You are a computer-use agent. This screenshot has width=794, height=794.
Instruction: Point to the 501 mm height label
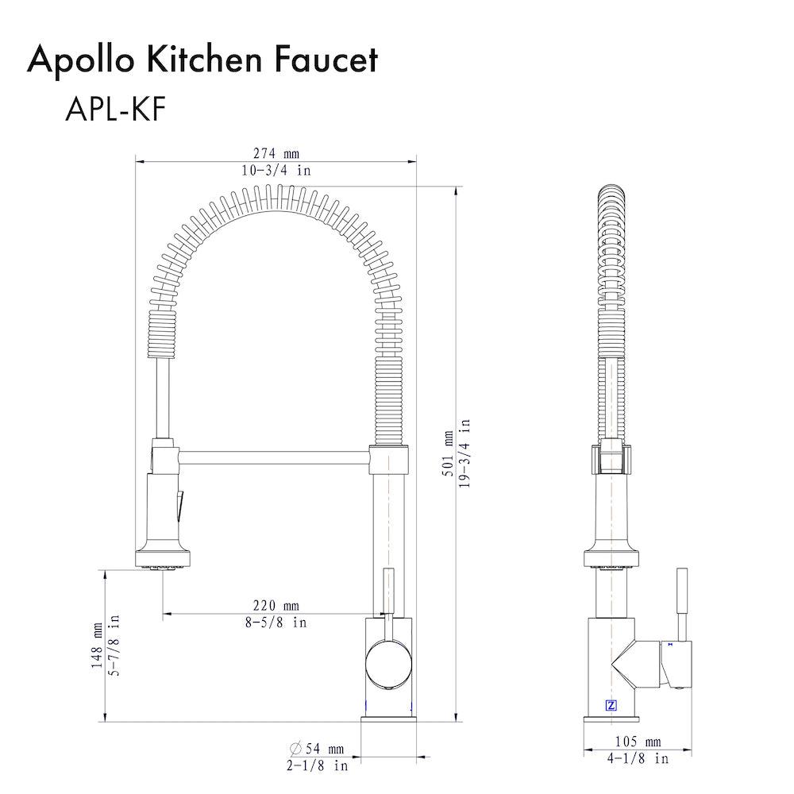448,453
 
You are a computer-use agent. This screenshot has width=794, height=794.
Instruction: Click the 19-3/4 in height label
464,453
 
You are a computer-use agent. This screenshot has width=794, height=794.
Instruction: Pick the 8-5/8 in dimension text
275,622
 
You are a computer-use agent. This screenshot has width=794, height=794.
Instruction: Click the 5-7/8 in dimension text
114,645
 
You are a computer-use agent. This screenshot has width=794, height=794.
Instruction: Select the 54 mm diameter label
324,749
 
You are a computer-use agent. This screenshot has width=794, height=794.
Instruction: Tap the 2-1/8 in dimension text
318,765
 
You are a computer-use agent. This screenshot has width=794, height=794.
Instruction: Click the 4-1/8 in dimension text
638,759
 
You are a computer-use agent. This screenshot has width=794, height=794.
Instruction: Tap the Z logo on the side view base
611,704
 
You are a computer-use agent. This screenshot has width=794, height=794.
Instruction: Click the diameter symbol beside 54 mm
295,749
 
